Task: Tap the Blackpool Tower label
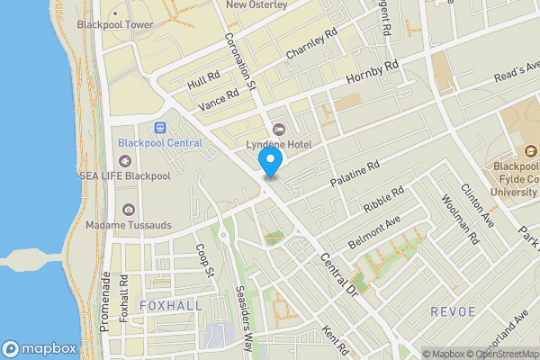click(114, 24)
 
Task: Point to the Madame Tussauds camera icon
click(130, 210)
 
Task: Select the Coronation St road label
click(241, 62)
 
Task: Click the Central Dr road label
click(339, 275)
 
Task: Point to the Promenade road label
click(105, 301)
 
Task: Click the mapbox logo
click(39, 348)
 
